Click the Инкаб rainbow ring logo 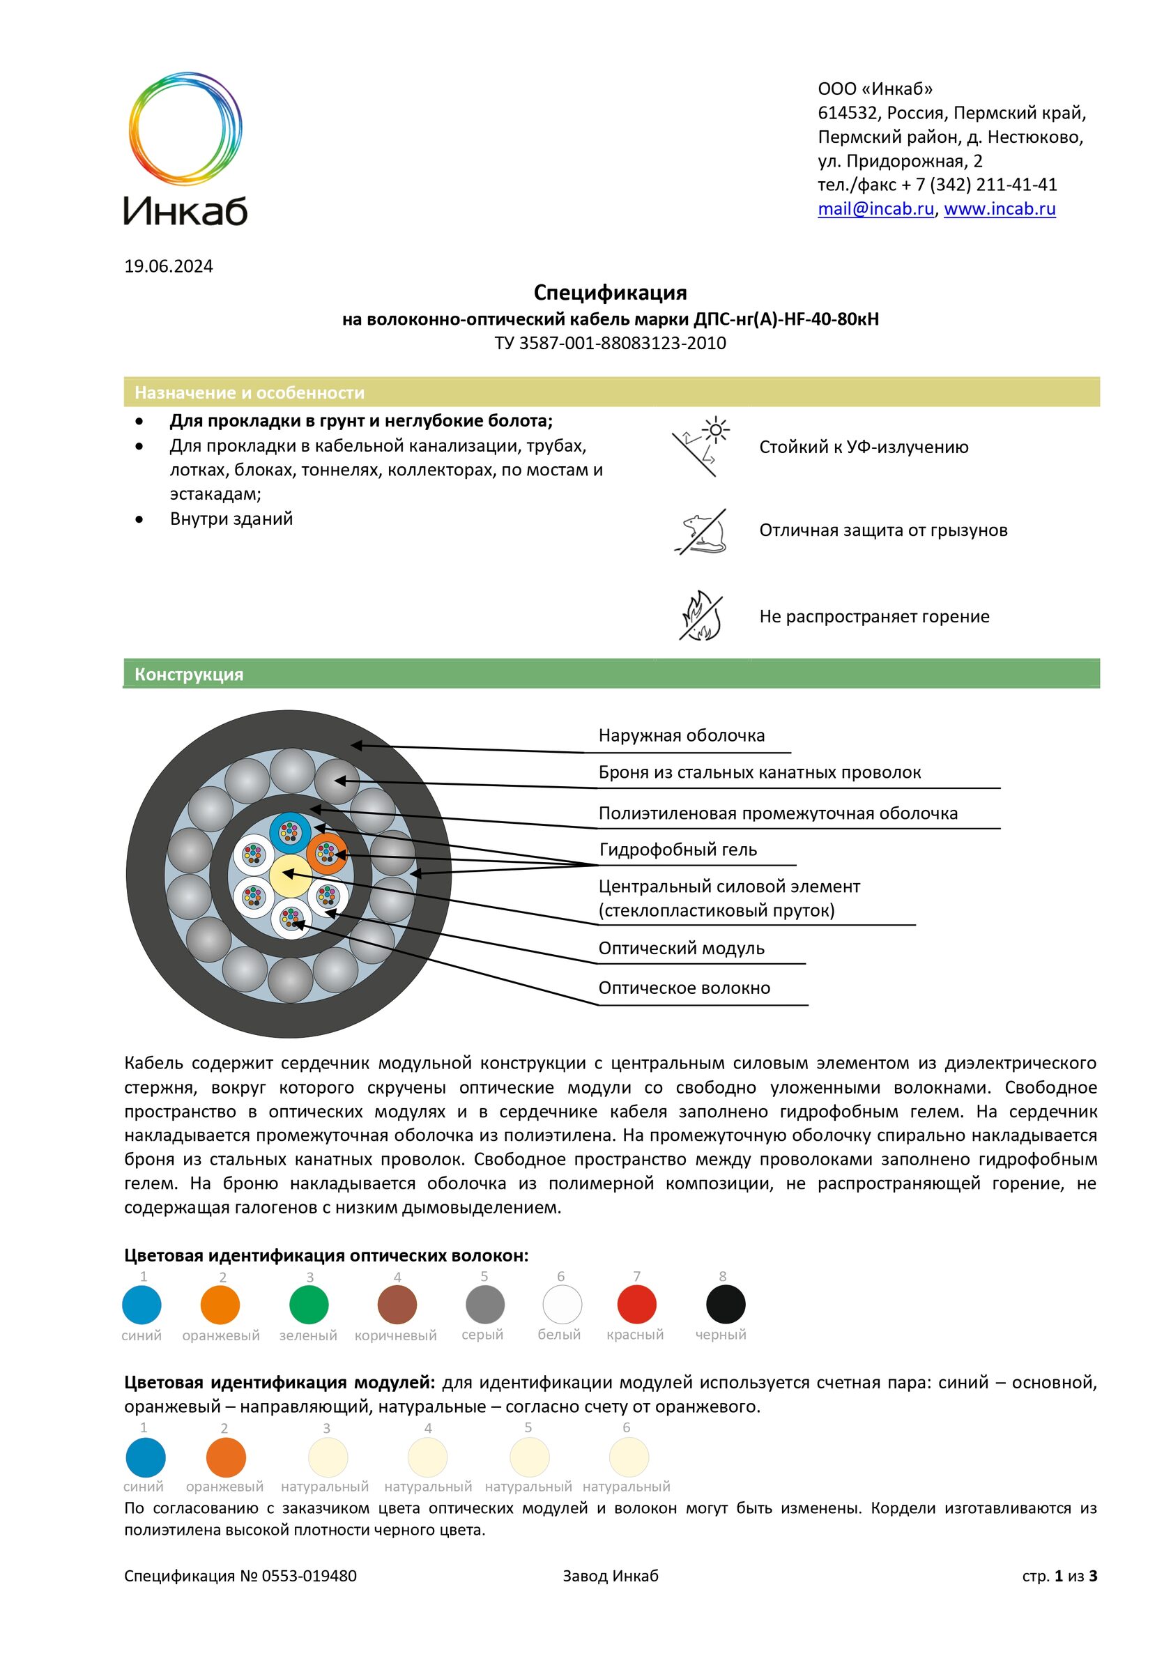185,128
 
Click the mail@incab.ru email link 875,209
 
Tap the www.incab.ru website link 1000,209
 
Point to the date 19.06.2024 168,266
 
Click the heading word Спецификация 610,292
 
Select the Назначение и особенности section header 249,392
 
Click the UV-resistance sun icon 701,447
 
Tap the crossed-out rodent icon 701,532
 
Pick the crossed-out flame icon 701,617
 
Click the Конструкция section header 189,675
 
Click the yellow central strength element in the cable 290,875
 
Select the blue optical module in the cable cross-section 290,832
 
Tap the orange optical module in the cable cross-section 327,854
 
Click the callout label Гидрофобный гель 678,850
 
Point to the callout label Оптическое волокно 684,988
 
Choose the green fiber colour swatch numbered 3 309,1305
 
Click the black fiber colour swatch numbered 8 725,1305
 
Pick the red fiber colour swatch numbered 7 636,1305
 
